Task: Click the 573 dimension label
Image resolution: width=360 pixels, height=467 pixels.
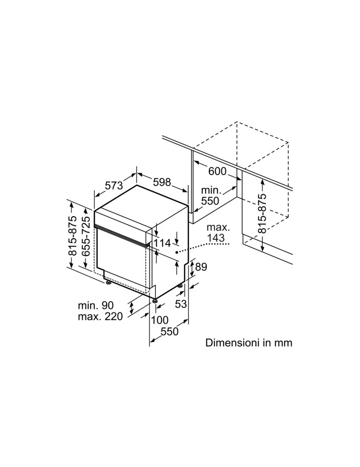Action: coord(114,185)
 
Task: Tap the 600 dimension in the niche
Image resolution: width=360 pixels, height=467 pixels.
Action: coord(217,171)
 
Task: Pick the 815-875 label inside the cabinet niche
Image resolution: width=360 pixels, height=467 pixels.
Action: coord(262,213)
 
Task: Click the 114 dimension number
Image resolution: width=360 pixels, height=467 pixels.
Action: coord(162,243)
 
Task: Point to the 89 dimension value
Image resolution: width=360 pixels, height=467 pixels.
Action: coord(200,267)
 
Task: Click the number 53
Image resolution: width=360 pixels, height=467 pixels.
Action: coord(181,304)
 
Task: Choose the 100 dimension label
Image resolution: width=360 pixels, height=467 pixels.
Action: coord(159,320)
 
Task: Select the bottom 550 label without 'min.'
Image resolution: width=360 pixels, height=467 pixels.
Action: coord(169,332)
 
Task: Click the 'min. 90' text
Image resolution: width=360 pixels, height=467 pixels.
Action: coord(96,305)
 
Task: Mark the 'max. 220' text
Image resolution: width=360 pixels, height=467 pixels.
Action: coord(100,317)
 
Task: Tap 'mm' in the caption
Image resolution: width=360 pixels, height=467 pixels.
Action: coord(283,343)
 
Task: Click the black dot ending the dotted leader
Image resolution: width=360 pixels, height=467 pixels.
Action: coord(177,252)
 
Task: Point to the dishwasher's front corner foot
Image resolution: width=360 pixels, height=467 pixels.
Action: coord(154,301)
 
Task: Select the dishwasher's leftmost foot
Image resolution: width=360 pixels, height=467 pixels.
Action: coord(108,282)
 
